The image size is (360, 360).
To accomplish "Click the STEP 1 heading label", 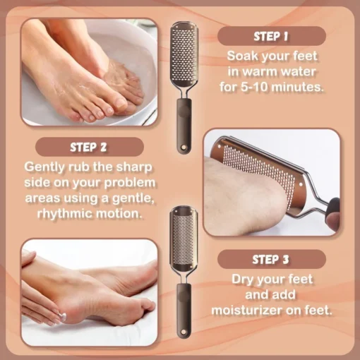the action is click(x=272, y=37).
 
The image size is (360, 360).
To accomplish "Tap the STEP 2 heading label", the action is click(x=89, y=148).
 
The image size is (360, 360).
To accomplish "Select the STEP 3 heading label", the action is click(x=272, y=260).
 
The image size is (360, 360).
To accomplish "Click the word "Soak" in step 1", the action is click(x=242, y=56).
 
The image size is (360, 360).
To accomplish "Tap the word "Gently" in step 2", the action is click(x=44, y=167).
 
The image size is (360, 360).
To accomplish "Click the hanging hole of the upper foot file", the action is click(x=184, y=148).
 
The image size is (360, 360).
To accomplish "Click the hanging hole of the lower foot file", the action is click(x=184, y=332).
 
